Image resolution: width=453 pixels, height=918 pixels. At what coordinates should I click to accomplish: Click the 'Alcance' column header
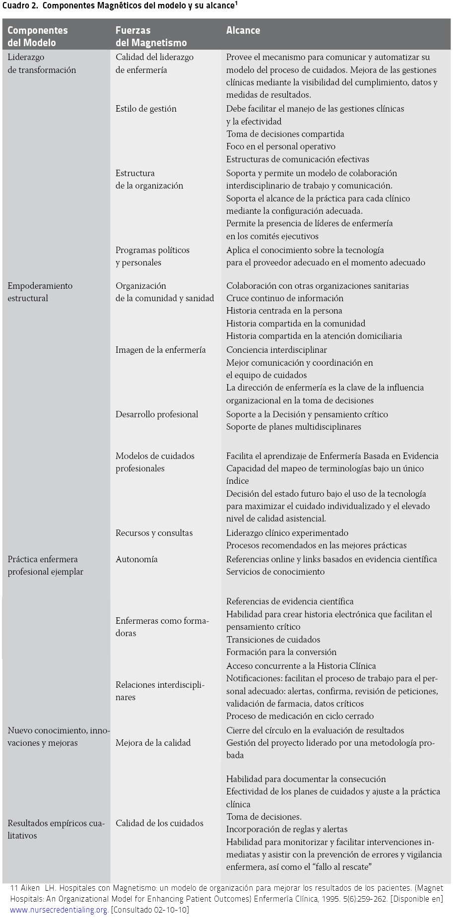(x=243, y=30)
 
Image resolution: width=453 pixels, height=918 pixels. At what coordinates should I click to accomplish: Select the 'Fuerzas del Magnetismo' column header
(x=151, y=36)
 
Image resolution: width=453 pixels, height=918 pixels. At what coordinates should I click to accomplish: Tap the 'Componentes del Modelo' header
(x=37, y=36)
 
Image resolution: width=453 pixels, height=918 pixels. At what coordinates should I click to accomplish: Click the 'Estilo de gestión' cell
(x=146, y=109)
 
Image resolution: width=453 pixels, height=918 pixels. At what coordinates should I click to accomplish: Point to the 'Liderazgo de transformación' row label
(x=42, y=64)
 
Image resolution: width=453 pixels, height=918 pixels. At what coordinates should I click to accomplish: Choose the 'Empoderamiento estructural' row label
(x=40, y=292)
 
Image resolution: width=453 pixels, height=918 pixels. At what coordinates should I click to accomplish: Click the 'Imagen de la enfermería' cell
(x=160, y=350)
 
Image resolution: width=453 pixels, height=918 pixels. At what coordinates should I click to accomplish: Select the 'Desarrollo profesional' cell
(x=157, y=414)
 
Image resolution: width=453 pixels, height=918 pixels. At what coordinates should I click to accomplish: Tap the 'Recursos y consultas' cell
(x=154, y=533)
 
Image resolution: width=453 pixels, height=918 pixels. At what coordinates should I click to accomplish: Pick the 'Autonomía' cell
(x=136, y=559)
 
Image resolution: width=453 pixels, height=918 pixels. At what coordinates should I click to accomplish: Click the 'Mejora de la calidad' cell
(x=153, y=743)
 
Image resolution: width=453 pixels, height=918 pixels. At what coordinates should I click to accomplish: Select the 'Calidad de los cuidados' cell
(x=159, y=823)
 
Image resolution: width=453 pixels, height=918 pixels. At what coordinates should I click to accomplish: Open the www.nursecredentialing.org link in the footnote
(x=59, y=910)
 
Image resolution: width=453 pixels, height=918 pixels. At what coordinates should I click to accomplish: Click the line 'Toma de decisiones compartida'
(x=285, y=134)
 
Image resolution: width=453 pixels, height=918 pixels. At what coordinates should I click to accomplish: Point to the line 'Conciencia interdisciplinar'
(x=276, y=350)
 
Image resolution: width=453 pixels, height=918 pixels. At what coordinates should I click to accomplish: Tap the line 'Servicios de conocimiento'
(x=275, y=572)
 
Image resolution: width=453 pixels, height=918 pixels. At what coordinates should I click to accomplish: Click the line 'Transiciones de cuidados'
(x=273, y=640)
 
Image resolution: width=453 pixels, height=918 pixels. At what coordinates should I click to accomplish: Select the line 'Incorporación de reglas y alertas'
(x=287, y=829)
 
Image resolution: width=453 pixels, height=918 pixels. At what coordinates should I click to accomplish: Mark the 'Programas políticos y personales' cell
(x=152, y=256)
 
